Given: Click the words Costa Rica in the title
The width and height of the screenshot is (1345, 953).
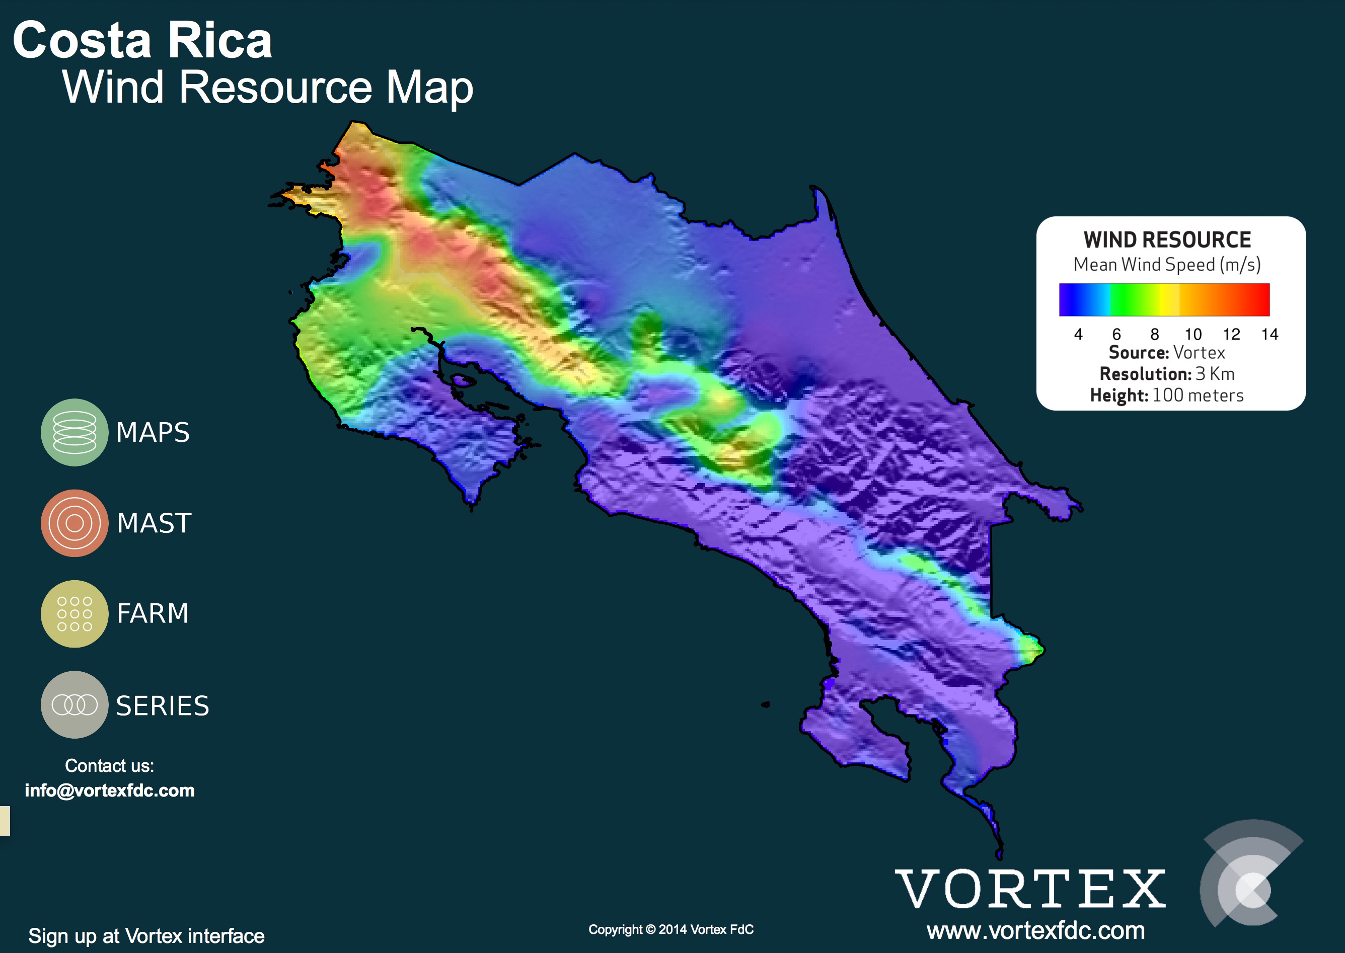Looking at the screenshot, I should coord(142,40).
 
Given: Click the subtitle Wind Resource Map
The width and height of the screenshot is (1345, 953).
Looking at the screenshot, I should coord(268,88).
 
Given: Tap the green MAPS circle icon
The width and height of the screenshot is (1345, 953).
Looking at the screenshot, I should coord(74,433).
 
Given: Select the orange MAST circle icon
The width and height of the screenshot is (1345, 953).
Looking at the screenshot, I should coord(74,523).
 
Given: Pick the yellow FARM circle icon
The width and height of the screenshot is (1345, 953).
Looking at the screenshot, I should coord(74,614).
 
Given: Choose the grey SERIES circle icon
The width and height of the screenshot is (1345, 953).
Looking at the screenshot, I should coord(74,705).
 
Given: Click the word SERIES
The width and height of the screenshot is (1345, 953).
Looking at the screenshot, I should coord(163,705).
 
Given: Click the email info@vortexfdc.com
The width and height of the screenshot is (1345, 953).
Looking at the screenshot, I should coord(110,790).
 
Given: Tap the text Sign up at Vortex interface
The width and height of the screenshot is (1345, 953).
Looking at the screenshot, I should coord(146,935).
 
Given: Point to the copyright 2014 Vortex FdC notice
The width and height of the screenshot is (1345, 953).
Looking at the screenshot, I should coord(671,929).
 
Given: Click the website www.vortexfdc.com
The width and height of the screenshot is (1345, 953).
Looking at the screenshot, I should coord(1035,931).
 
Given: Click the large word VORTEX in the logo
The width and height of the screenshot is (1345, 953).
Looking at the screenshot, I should coord(1030,889).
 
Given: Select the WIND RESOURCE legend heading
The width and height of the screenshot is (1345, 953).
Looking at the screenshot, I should coord(1167,240).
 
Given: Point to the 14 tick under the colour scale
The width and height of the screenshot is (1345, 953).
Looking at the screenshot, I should coord(1270,335).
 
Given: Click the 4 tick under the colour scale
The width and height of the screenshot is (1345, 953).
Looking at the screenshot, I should coord(1078,335).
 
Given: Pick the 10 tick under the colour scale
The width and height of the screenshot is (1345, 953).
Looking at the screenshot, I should coord(1193,335).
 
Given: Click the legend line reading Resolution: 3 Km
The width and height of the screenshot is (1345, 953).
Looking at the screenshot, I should coord(1167,374).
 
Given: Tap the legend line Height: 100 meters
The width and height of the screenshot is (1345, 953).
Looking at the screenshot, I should coord(1167,395).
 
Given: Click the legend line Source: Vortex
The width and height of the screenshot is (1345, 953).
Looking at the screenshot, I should coord(1167,353).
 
